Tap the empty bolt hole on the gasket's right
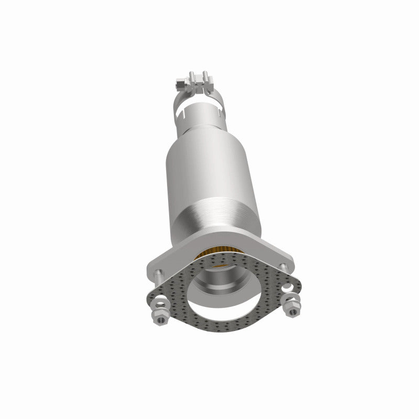click(287, 286)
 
